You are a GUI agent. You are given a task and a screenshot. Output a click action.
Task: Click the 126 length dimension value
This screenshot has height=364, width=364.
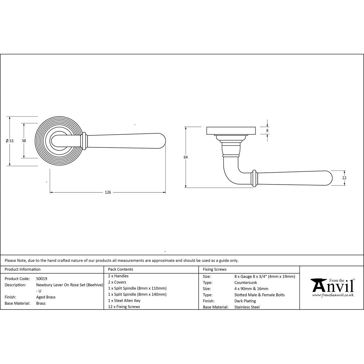point(107,192)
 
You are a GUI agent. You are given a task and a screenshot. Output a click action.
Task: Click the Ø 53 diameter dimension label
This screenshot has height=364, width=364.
point(10,141)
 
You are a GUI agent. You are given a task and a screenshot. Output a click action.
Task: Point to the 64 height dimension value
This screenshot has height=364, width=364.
point(186,157)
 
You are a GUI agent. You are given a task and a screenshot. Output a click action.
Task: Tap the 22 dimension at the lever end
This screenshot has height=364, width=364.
point(344,178)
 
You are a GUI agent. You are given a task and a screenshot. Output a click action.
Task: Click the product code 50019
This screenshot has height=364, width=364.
point(42,278)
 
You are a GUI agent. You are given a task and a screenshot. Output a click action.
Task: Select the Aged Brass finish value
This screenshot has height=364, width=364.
point(46,297)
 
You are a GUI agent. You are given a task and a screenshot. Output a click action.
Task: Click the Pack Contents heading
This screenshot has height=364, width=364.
point(120,269)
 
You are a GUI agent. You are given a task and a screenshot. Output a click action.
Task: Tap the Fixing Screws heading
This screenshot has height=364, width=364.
point(215,269)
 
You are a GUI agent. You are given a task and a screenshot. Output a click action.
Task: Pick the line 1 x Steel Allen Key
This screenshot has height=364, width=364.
point(124,301)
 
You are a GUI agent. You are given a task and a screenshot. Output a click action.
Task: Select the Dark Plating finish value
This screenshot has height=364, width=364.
point(245,301)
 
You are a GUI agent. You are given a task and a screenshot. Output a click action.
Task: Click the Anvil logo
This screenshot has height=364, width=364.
point(332,286)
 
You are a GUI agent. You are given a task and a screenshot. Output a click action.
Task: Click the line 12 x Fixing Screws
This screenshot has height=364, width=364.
point(124,307)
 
